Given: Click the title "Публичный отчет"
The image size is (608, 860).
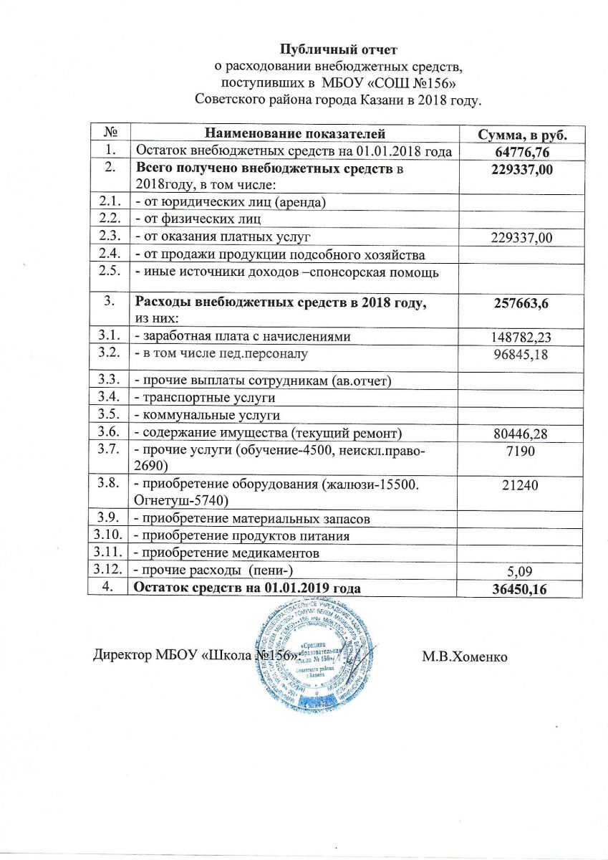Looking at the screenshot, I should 337,50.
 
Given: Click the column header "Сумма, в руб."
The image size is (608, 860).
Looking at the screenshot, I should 522,134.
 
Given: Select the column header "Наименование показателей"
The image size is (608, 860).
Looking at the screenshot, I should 295,133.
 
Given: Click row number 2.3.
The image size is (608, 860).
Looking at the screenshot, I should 110,236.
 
